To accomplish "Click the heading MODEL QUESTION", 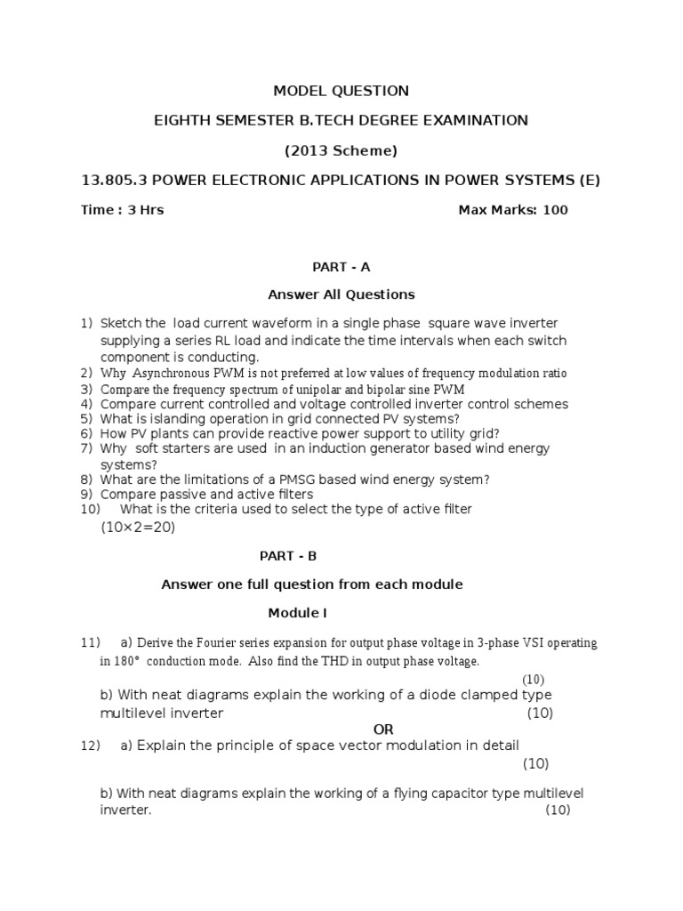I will [x=341, y=91].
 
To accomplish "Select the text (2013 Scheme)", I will [x=341, y=150].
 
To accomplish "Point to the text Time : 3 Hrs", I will [x=123, y=211].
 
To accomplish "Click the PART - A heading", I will [x=341, y=266].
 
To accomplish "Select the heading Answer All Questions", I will [x=341, y=294].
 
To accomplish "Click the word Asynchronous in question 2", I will [x=170, y=374].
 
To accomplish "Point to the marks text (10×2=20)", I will [x=138, y=528].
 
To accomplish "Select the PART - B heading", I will [x=287, y=556].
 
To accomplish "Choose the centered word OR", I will [x=383, y=730].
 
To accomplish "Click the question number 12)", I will [x=91, y=745].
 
